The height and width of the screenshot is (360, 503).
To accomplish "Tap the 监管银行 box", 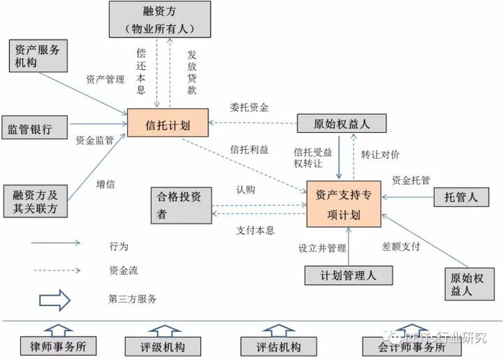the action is pyautogui.click(x=35, y=129).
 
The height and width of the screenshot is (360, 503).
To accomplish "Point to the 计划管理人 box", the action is pyautogui.click(x=348, y=275).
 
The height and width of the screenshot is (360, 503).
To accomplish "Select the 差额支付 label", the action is pyautogui.click(x=400, y=246).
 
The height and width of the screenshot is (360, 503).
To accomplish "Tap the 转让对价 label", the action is pyautogui.click(x=380, y=154).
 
